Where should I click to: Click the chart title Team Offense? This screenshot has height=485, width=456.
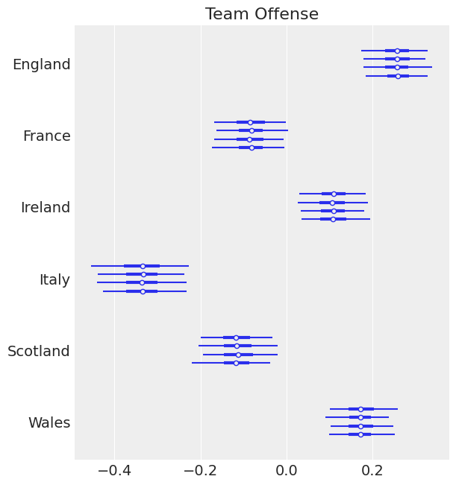coord(262,14)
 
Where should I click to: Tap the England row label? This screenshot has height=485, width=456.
coord(42,65)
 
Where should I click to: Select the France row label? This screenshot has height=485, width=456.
coord(46,136)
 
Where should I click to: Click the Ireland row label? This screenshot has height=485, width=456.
coord(46,208)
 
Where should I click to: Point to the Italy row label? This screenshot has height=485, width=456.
coord(54,280)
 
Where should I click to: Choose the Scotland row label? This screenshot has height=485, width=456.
coord(39,352)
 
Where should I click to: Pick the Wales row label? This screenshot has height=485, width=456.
coord(49,423)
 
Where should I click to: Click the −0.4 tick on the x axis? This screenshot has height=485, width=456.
coord(114,471)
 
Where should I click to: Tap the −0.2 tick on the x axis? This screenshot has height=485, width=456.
coord(200,471)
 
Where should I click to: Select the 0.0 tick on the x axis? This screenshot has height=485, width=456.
coord(287,471)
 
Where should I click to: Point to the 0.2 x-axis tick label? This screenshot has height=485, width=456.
coord(372,471)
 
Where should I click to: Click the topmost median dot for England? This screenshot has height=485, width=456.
coord(397,51)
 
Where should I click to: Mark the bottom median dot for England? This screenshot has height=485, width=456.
coord(398,76)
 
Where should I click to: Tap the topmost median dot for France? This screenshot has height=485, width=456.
coord(250,122)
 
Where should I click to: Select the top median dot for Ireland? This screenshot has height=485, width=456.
coord(334,194)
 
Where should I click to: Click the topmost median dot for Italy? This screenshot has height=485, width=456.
coord(143,266)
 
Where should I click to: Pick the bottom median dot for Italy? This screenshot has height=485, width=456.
coord(143,291)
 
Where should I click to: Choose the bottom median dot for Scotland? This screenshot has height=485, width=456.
coord(236,363)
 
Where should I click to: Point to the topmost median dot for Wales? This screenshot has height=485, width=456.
coord(360,409)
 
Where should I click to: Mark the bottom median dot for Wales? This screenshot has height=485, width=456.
coord(360,434)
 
